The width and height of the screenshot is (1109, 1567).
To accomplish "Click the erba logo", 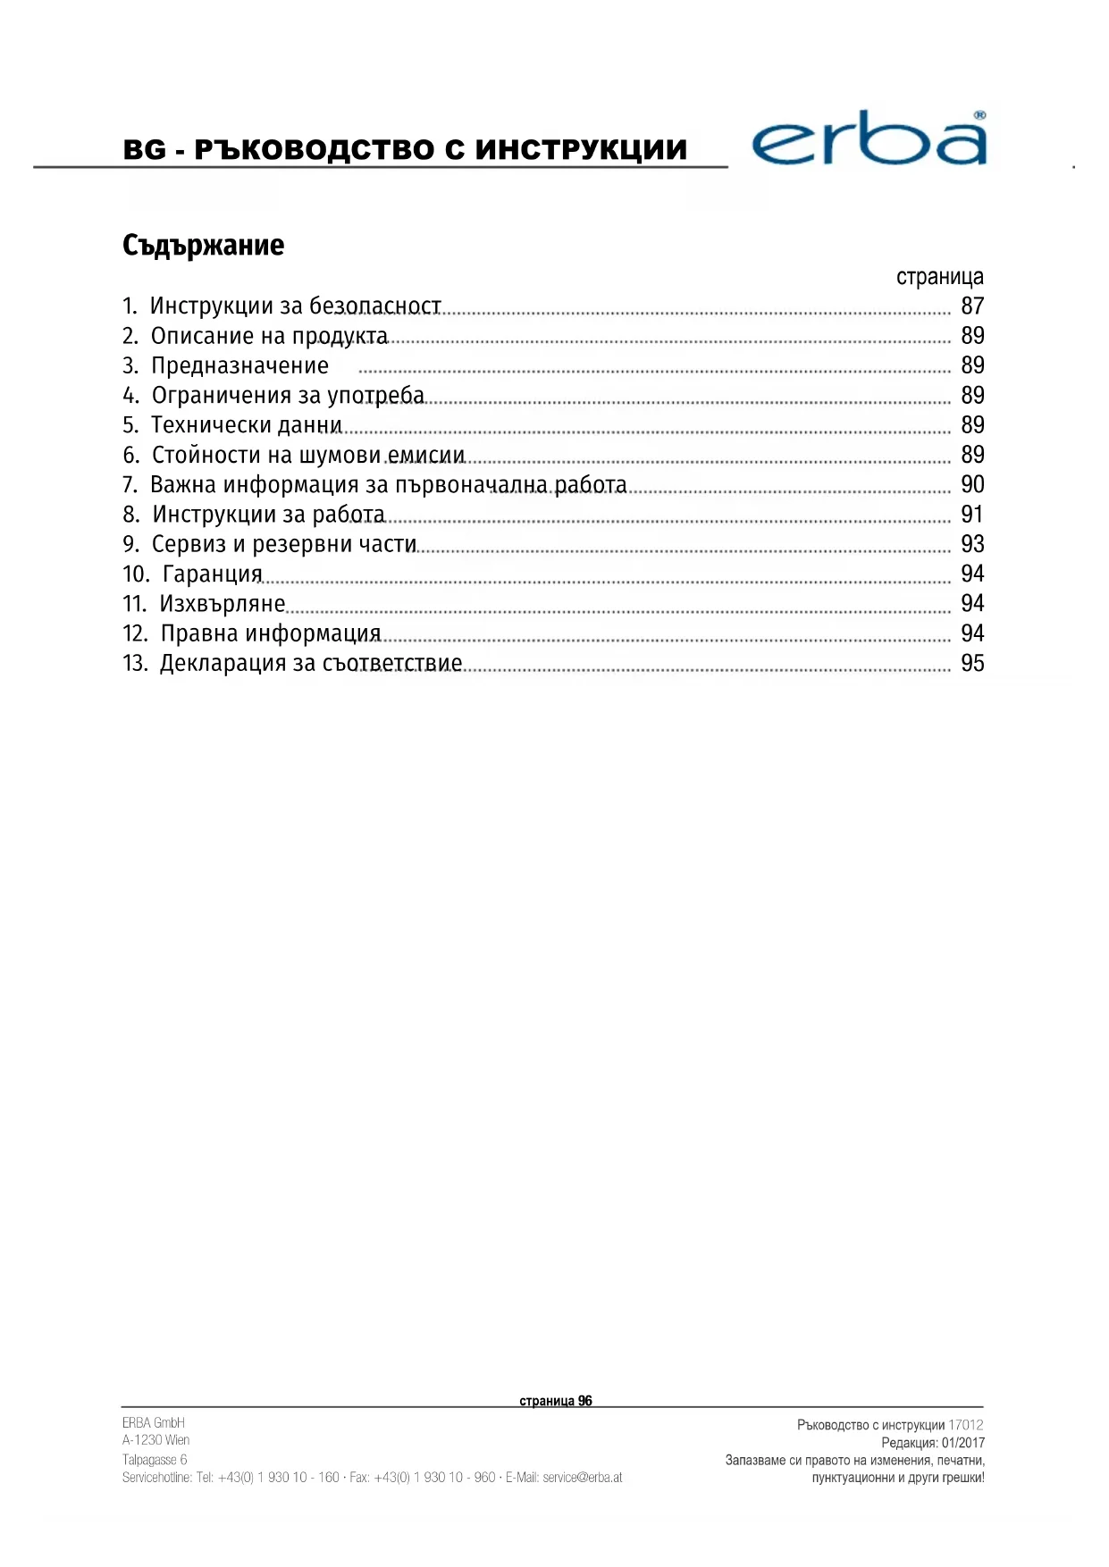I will [x=869, y=140].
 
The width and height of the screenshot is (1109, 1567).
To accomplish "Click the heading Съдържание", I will [x=203, y=246].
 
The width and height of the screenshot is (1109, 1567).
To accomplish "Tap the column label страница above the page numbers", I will [x=939, y=277].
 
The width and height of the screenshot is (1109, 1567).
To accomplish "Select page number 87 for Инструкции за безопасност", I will [x=972, y=306].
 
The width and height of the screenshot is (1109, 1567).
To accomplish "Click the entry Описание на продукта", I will [x=269, y=336].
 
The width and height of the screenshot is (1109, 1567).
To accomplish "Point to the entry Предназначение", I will [x=239, y=365].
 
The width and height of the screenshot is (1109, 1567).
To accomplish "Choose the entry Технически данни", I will [x=247, y=425].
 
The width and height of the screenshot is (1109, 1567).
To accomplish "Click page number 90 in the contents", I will [x=972, y=485].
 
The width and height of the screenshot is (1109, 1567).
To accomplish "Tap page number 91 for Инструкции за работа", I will [x=972, y=515].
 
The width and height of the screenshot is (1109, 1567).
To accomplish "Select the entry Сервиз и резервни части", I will [x=284, y=544].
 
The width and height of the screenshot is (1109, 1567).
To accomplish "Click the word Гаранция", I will [x=213, y=574].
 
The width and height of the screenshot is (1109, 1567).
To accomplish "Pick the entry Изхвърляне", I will [x=223, y=604].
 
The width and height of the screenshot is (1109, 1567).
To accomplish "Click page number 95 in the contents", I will [x=972, y=664].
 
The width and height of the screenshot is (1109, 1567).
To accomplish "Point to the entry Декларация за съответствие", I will [x=311, y=664].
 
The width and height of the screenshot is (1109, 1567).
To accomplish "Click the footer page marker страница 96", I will [x=555, y=1401].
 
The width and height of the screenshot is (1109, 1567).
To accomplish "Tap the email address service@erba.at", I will [x=582, y=1478].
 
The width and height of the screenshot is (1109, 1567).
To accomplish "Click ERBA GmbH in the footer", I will [x=154, y=1423].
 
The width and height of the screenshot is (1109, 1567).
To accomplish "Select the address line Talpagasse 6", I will [x=155, y=1460].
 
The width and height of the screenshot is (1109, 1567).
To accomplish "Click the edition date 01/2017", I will [x=962, y=1443].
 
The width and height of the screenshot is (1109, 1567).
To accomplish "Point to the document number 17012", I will [x=965, y=1425].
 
